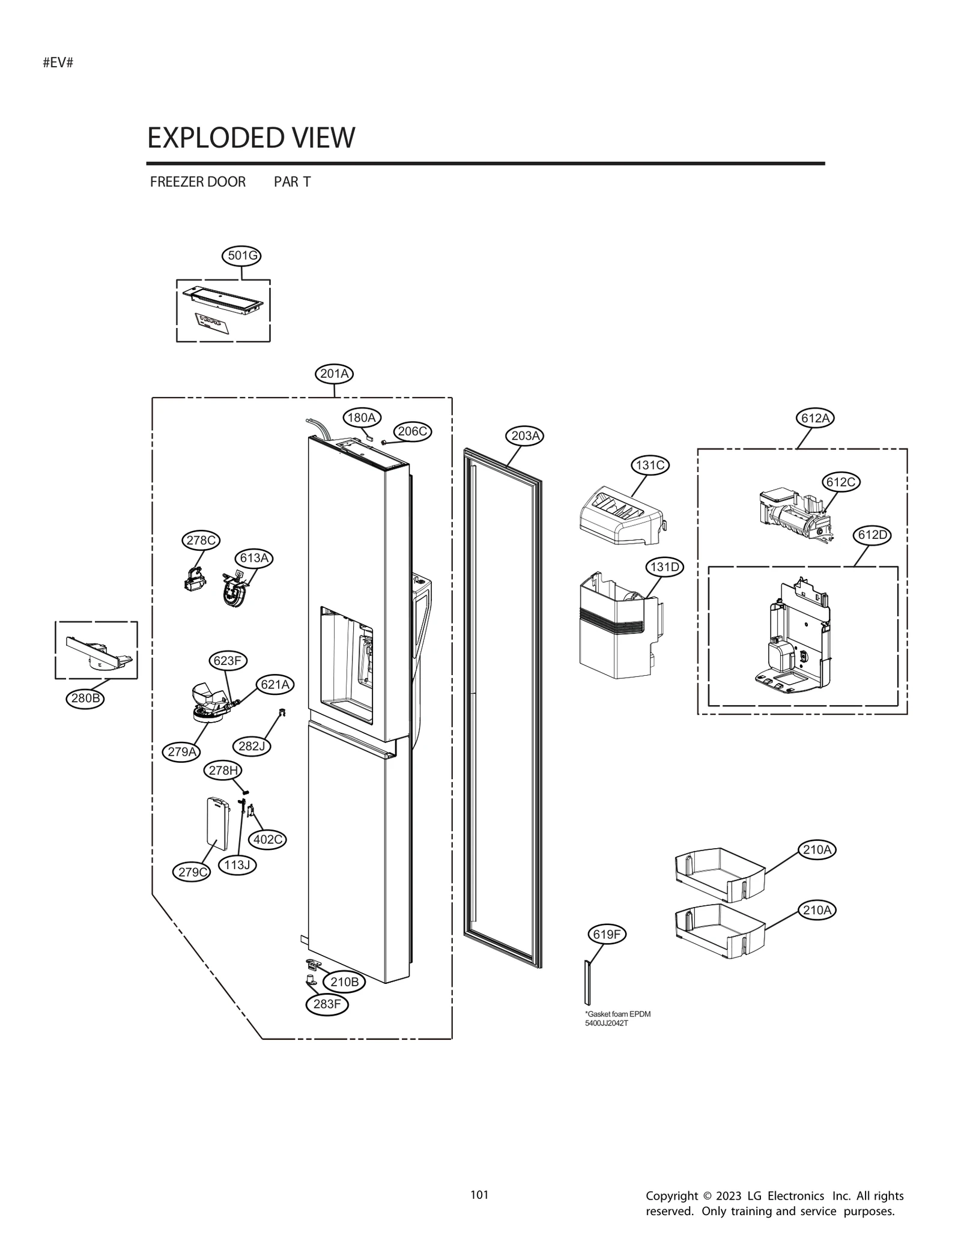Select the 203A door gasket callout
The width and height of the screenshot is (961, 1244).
pyautogui.click(x=525, y=435)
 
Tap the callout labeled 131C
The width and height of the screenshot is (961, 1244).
pyautogui.click(x=650, y=465)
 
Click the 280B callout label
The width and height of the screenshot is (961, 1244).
pyautogui.click(x=85, y=698)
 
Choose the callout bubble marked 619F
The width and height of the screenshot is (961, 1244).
pyautogui.click(x=607, y=934)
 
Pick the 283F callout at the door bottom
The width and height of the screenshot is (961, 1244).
pyautogui.click(x=327, y=1004)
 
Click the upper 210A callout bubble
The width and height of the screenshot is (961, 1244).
pyautogui.click(x=817, y=849)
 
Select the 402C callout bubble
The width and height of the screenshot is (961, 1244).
pyautogui.click(x=267, y=839)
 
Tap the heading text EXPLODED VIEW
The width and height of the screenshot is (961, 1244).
pyautogui.click(x=251, y=138)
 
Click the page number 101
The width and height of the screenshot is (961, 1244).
pyautogui.click(x=479, y=1195)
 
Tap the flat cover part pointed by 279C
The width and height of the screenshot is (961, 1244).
pyautogui.click(x=217, y=823)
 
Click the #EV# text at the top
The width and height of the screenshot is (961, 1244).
pyautogui.click(x=58, y=62)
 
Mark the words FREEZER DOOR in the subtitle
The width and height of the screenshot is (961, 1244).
pyautogui.click(x=198, y=182)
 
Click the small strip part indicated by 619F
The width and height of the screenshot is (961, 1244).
pyautogui.click(x=587, y=983)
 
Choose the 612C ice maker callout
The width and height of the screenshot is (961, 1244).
pyautogui.click(x=841, y=482)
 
